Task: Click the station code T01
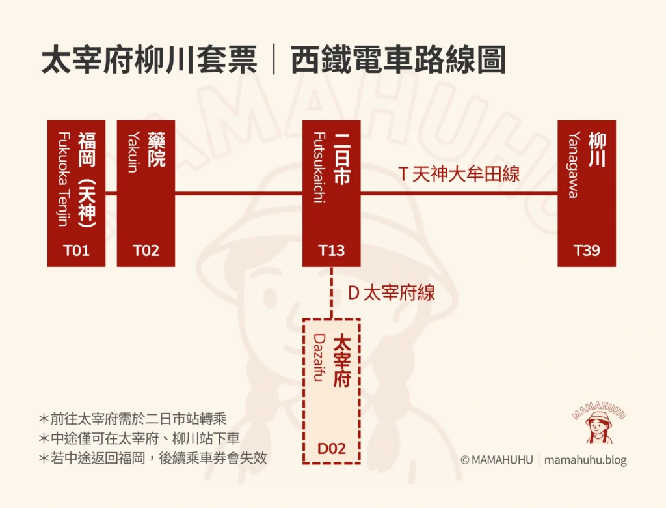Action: pos(77,250)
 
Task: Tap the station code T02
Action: pos(146,250)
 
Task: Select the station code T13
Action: pos(331,250)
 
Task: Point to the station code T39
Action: pos(587,250)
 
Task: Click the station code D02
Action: pos(331,449)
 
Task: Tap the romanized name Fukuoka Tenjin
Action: pos(63,178)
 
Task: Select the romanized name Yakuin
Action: pos(133,152)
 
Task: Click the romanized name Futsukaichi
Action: pos(319,167)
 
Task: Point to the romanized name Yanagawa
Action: pos(574,165)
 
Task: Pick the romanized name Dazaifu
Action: pos(319,357)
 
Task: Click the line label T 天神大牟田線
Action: pos(459,174)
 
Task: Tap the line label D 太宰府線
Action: pos(391,292)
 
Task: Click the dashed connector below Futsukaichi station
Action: pos(332,292)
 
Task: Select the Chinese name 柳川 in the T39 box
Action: pos(597,149)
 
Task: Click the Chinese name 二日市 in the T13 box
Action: pos(342,159)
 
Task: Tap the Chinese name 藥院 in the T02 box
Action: pos(156,149)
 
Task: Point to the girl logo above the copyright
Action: pos(599,423)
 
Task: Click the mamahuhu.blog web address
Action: pos(585,460)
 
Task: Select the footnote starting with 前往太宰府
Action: pos(133,419)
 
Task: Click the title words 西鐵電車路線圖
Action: pos(398,60)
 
